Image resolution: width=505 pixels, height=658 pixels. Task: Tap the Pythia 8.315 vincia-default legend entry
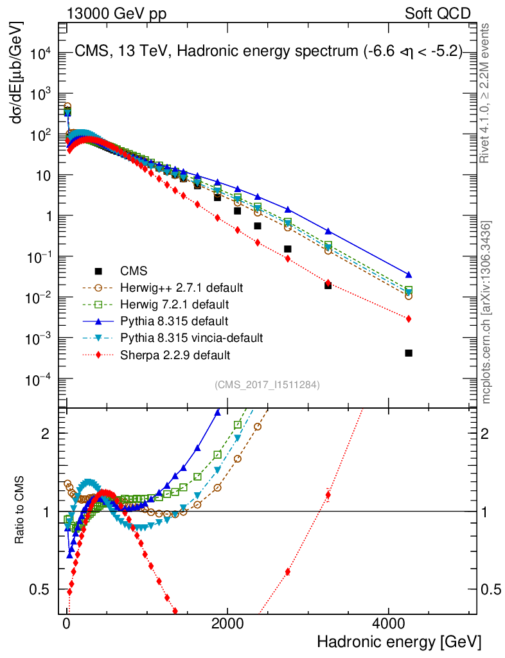click(x=191, y=337)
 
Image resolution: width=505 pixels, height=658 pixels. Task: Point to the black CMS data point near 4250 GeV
click(x=409, y=353)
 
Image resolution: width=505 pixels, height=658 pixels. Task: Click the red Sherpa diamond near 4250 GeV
click(x=409, y=319)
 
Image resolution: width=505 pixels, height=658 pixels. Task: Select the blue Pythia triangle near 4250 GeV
click(x=409, y=274)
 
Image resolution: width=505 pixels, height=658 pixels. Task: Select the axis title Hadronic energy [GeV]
click(x=398, y=642)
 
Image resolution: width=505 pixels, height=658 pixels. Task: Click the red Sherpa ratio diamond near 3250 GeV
click(x=328, y=495)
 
